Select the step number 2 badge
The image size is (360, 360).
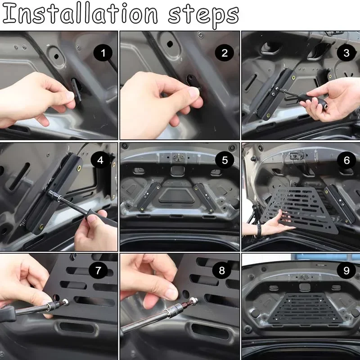click(224, 54)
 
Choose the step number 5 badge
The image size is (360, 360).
click(225, 160)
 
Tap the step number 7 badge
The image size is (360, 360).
click(98, 271)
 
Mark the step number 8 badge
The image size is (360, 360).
click(221, 271)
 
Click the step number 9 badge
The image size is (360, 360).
click(346, 271)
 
